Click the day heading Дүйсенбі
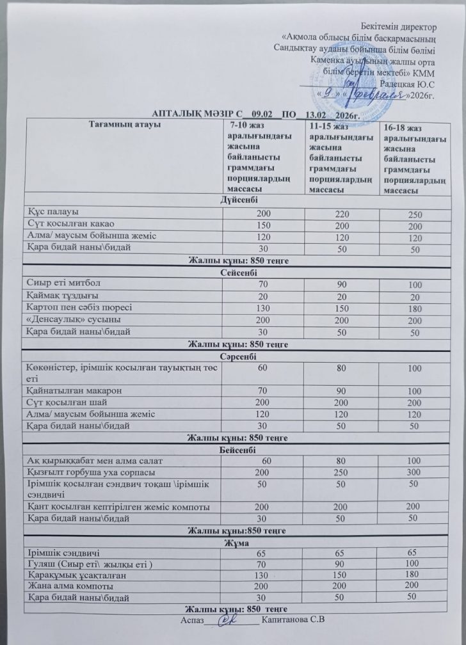pos(236,200)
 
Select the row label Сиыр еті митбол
pos(64,283)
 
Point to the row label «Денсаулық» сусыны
pos(71,319)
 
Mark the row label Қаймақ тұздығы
pos(62,296)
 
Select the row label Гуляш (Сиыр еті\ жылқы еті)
pos(90,564)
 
